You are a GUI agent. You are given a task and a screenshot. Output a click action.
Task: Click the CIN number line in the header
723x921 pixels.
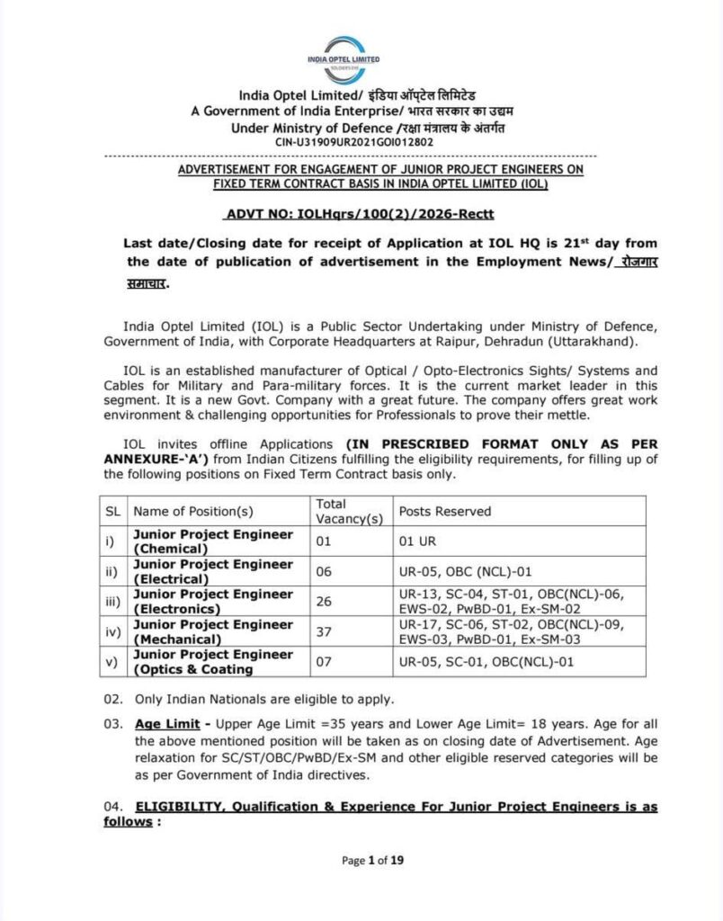[x=354, y=142]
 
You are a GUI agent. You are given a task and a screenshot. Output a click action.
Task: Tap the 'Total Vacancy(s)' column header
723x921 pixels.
[x=349, y=511]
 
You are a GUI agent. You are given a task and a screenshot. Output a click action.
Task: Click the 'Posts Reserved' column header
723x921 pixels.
[x=445, y=511]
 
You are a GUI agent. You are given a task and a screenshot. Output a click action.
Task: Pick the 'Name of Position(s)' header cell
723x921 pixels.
[x=193, y=511]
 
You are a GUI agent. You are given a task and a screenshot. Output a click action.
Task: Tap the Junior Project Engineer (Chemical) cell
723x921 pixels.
[x=213, y=541]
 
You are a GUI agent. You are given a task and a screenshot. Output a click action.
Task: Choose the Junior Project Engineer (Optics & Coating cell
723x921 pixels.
[x=213, y=661]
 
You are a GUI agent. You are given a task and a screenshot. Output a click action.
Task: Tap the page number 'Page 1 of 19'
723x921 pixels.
[x=372, y=861]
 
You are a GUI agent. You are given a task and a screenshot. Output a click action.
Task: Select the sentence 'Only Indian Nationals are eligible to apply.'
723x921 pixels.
[x=263, y=699]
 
